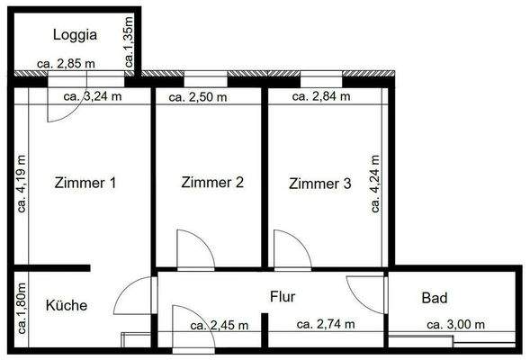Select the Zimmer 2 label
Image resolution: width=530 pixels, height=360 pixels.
pyautogui.click(x=212, y=183)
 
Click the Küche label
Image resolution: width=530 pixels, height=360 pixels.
pyautogui.click(x=67, y=305)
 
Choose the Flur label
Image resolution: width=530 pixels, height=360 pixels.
pyautogui.click(x=283, y=294)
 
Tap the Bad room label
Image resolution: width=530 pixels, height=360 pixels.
pyautogui.click(x=435, y=298)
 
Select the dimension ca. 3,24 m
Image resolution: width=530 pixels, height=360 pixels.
pyautogui.click(x=94, y=95)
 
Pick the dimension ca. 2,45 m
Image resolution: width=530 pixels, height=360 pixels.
pyautogui.click(x=220, y=325)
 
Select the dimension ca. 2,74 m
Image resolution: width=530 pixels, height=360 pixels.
pyautogui.click(x=326, y=325)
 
